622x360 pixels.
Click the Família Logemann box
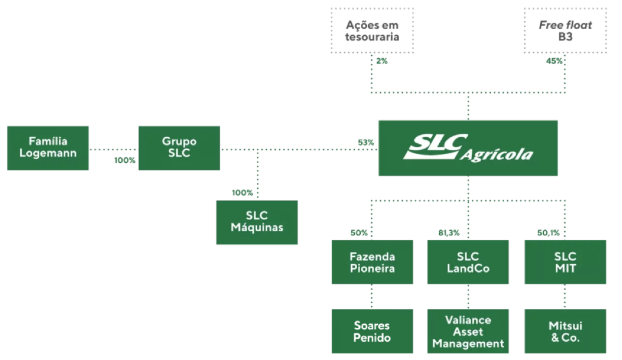point(48,148)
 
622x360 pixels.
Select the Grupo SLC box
point(179,148)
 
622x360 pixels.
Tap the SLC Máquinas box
point(257,222)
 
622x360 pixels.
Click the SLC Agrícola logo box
point(468,148)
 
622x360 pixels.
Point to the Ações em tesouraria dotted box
point(372,30)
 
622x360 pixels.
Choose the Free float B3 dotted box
point(566,30)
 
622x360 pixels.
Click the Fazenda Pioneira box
point(372,262)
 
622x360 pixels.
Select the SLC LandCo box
point(468,262)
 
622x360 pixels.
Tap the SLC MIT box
point(566,262)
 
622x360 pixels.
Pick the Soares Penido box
point(372,331)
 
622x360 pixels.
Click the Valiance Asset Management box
point(468,331)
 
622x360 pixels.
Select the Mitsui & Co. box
point(566,331)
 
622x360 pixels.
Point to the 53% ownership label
point(366,142)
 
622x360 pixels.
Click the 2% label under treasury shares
point(381,61)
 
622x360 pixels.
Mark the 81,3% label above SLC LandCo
point(449,233)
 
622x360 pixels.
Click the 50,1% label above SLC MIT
point(549,233)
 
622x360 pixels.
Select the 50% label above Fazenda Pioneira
point(359,233)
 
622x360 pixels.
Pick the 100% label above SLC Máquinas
point(242,192)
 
